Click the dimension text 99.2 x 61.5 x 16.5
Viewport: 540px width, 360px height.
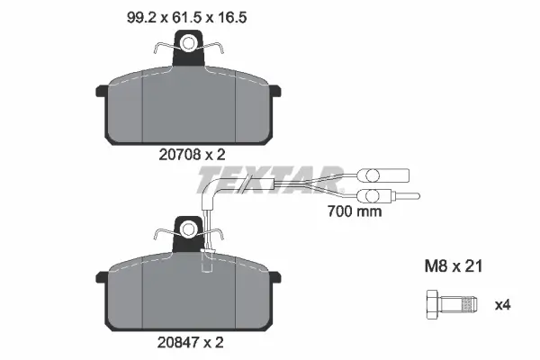pos(186,17)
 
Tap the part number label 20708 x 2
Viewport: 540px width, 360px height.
pos(192,155)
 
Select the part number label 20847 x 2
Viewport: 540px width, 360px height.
pos(191,342)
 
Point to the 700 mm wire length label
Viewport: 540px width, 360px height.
pos(355,211)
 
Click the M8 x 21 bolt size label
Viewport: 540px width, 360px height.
pos(454,266)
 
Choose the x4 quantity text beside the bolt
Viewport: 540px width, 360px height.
pos(502,305)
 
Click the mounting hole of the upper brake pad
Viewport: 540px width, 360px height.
pos(188,44)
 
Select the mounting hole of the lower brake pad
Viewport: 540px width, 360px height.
pos(189,229)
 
